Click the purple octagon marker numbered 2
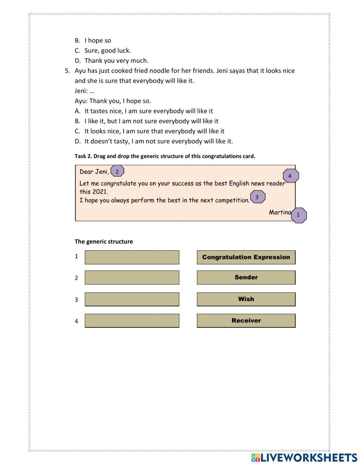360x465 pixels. click(x=117, y=171)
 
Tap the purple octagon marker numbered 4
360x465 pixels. click(x=290, y=176)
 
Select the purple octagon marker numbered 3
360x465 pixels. click(x=257, y=197)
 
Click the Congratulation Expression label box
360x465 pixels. click(x=246, y=257)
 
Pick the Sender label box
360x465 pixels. click(x=246, y=277)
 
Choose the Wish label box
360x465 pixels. click(x=246, y=299)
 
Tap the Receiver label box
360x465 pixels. click(x=246, y=320)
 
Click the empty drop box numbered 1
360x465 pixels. click(x=132, y=257)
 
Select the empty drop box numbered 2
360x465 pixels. click(x=132, y=277)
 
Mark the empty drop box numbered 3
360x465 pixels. click(x=132, y=299)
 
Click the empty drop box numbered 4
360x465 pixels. click(x=132, y=320)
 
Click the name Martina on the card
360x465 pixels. click(x=279, y=212)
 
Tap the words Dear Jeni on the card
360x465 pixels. click(x=94, y=172)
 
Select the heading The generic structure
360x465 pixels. click(x=104, y=241)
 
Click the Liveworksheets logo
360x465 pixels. click(x=304, y=457)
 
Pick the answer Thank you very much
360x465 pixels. click(x=116, y=61)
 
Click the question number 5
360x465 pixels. click(x=67, y=71)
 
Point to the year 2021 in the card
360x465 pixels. click(x=100, y=192)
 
